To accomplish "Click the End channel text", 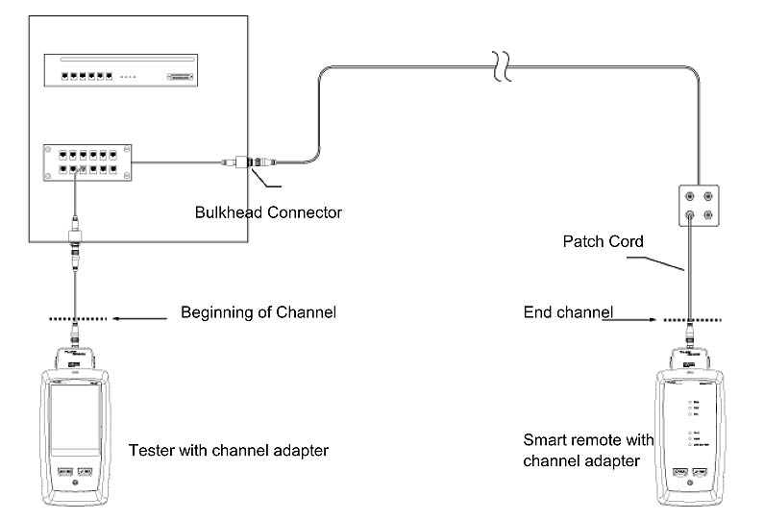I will coord(568,312).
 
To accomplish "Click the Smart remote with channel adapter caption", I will coord(587,450).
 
